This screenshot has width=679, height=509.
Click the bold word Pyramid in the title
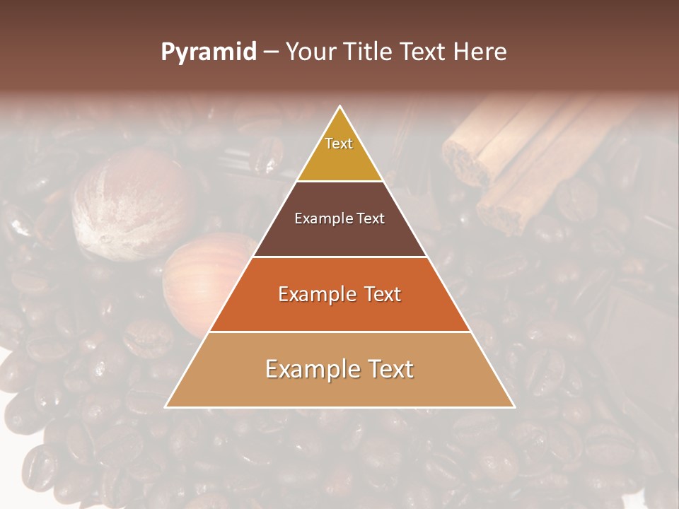[x=208, y=52]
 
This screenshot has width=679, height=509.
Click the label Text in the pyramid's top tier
[x=339, y=144]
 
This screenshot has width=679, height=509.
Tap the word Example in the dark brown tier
[x=323, y=218]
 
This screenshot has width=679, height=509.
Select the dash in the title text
[x=270, y=52]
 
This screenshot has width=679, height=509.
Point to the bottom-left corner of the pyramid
[x=167, y=406]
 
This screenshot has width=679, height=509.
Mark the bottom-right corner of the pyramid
[x=513, y=406]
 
